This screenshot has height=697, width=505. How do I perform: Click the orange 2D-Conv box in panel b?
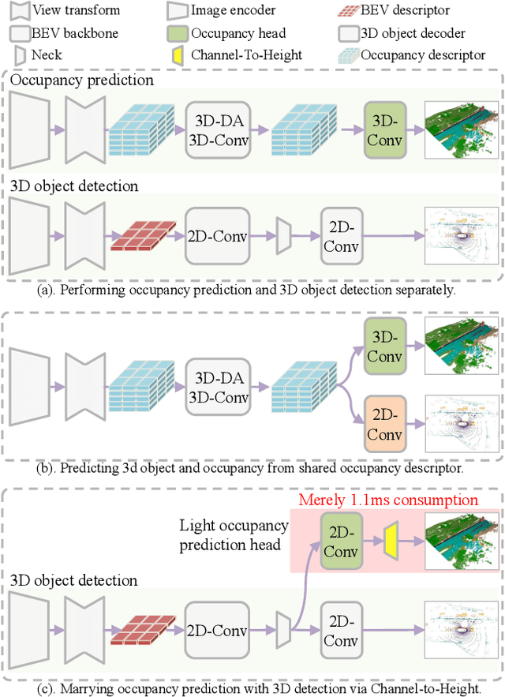[x=385, y=424]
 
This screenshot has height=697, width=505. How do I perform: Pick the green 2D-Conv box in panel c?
[x=341, y=541]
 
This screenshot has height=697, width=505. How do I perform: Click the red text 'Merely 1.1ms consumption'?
[x=387, y=500]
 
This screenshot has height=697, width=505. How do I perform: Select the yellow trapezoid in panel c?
[x=391, y=541]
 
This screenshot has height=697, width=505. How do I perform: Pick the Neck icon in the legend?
[x=21, y=56]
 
